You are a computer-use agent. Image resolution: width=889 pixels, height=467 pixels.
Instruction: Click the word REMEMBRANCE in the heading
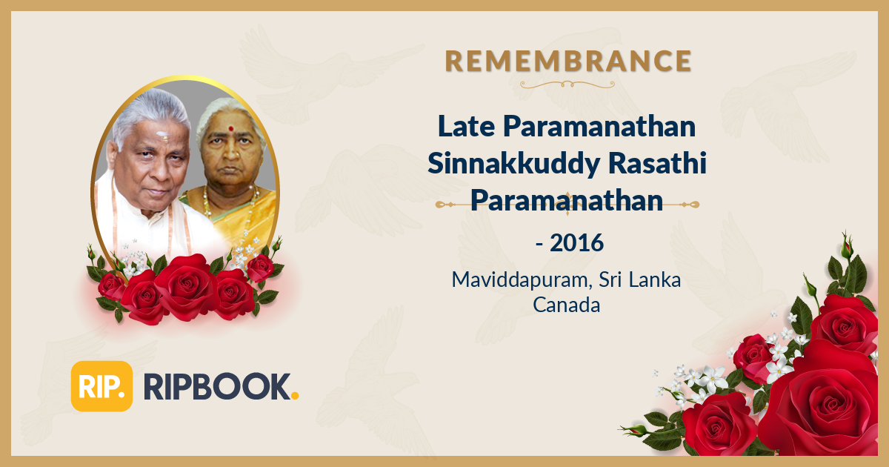(x=568, y=60)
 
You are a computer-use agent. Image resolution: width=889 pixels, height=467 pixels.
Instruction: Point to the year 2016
(x=576, y=242)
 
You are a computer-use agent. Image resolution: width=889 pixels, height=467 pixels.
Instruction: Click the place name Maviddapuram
(x=513, y=281)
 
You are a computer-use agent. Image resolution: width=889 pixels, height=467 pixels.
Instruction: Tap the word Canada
(x=567, y=305)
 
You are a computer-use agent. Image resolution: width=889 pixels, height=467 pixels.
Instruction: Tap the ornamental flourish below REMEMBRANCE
(x=568, y=85)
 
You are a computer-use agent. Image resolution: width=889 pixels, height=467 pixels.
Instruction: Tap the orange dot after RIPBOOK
(x=295, y=398)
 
